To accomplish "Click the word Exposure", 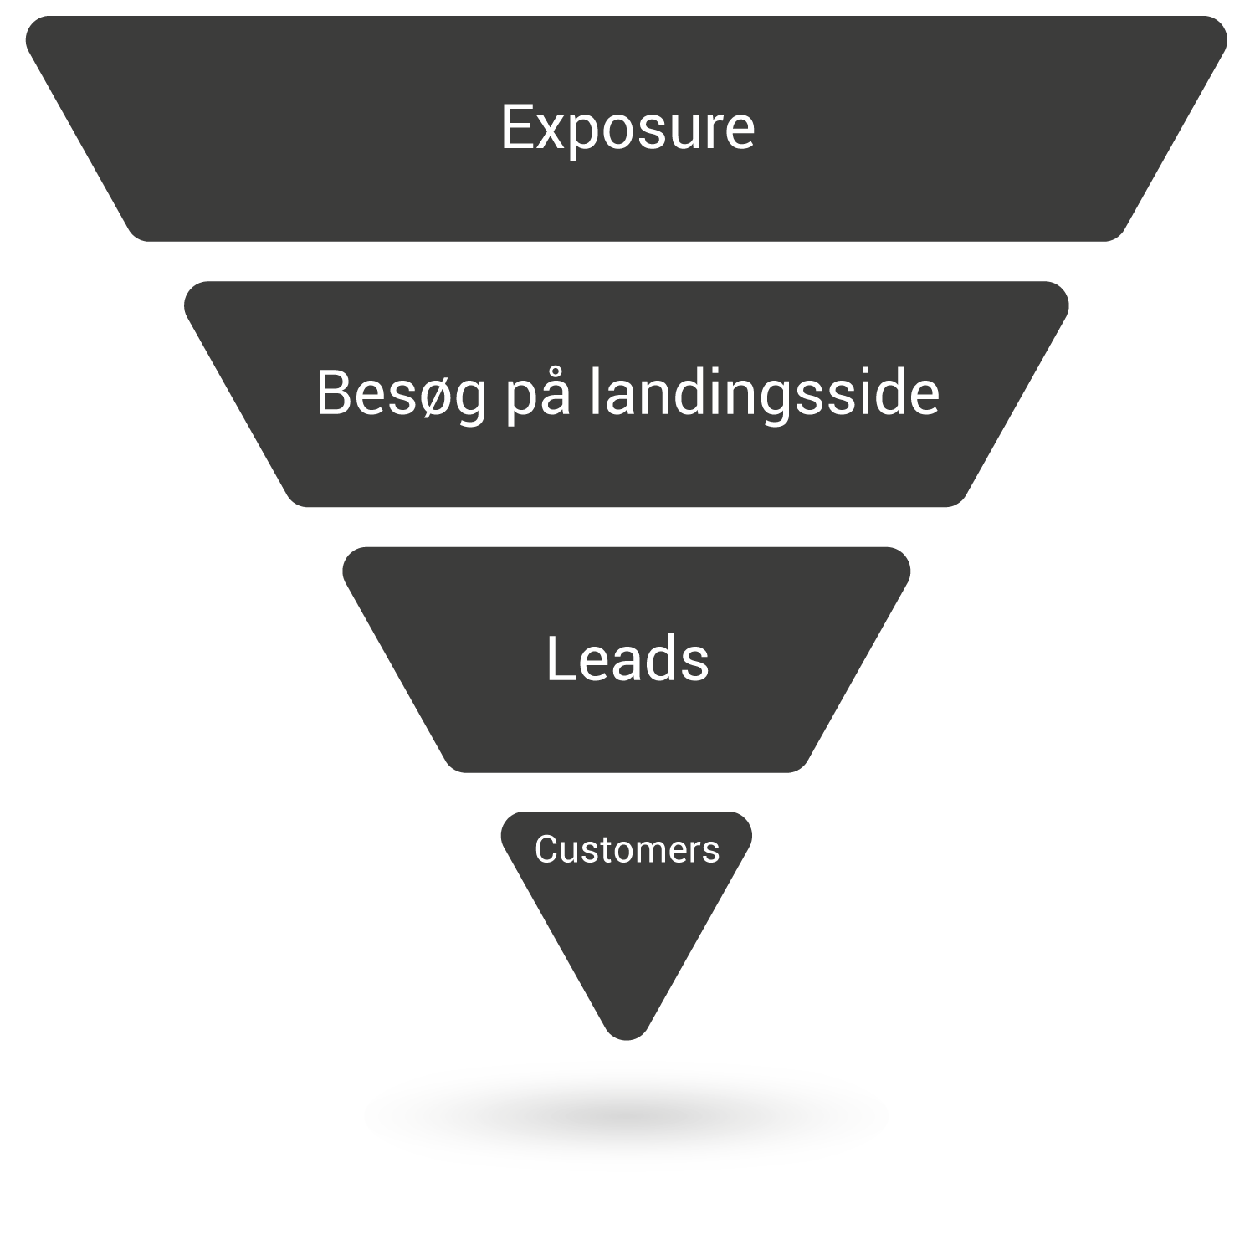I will pyautogui.click(x=627, y=128).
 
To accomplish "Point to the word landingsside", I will pyautogui.click(x=765, y=392).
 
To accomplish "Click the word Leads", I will pyautogui.click(x=627, y=659).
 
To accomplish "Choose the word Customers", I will pyautogui.click(x=627, y=850).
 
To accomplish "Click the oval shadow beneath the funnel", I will pyautogui.click(x=626, y=1115).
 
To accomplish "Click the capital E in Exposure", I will pyautogui.click(x=518, y=128).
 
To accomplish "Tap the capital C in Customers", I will pyautogui.click(x=547, y=850).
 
